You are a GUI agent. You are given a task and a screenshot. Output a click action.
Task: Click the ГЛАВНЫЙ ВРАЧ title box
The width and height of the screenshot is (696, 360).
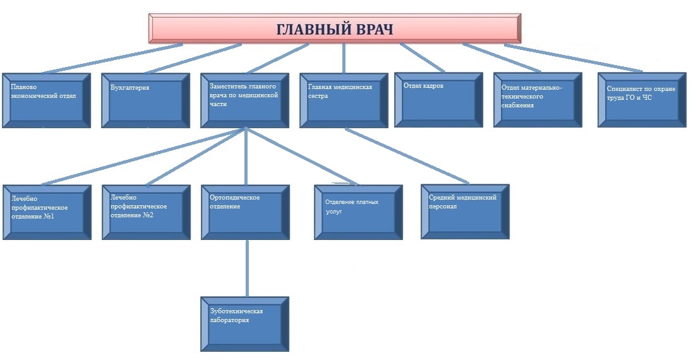coord(335,28)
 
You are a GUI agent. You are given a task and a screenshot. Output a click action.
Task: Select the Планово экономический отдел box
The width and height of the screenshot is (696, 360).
coord(47,100)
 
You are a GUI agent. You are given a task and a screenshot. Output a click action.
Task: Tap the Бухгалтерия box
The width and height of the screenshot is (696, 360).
coord(146,100)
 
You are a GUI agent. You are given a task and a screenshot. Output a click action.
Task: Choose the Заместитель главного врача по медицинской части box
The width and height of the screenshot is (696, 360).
coord(245,100)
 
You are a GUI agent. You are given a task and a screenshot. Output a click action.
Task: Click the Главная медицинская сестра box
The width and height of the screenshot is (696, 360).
coord(344,100)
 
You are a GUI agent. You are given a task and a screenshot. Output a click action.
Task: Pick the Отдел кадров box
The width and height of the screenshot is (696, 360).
coord(438,100)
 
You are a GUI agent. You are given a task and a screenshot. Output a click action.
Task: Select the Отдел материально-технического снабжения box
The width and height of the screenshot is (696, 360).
coord(538,100)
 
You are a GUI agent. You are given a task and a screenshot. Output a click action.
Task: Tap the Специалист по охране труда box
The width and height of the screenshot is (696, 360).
coord(642,100)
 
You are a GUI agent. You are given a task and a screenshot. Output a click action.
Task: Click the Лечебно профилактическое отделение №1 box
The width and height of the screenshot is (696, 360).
coord(47,212)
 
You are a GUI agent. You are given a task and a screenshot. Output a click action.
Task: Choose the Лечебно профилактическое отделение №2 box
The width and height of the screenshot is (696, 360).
coord(147,212)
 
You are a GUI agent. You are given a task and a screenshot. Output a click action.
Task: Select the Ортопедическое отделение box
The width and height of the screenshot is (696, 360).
coord(246,212)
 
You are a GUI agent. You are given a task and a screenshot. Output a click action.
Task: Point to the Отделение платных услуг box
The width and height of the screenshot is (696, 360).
coord(359,212)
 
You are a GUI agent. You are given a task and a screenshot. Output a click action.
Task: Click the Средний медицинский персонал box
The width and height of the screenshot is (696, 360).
coord(465,212)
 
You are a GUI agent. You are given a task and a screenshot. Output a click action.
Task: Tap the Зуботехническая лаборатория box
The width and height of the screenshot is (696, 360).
coord(245,324)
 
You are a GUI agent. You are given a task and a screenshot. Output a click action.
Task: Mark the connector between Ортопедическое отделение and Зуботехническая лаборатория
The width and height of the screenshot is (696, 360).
coord(247,268)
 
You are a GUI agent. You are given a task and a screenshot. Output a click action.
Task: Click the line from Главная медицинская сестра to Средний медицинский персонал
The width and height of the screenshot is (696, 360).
coord(407,156)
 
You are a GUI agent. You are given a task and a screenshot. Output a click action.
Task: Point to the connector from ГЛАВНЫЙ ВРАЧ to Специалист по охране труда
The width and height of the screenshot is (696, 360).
coord(573,57)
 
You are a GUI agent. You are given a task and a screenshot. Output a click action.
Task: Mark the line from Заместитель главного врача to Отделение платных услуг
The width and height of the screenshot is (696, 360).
coord(301,156)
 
